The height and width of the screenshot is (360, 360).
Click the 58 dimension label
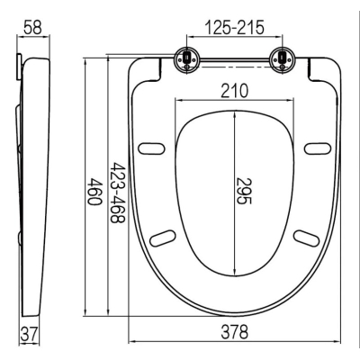pyautogui.click(x=33, y=27)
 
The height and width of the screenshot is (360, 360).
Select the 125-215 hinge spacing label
pyautogui.click(x=235, y=27)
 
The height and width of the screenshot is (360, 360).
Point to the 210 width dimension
pyautogui.click(x=235, y=91)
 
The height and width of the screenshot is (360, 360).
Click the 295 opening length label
pyautogui.click(x=243, y=191)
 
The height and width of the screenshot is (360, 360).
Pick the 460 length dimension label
pyautogui.click(x=94, y=191)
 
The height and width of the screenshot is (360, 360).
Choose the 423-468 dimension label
pyautogui.click(x=118, y=193)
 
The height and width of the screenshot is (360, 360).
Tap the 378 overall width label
pyautogui.click(x=235, y=332)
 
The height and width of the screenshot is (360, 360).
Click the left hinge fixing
pyautogui.click(x=186, y=59)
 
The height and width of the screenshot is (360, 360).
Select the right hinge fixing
pyautogui.click(x=282, y=59)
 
